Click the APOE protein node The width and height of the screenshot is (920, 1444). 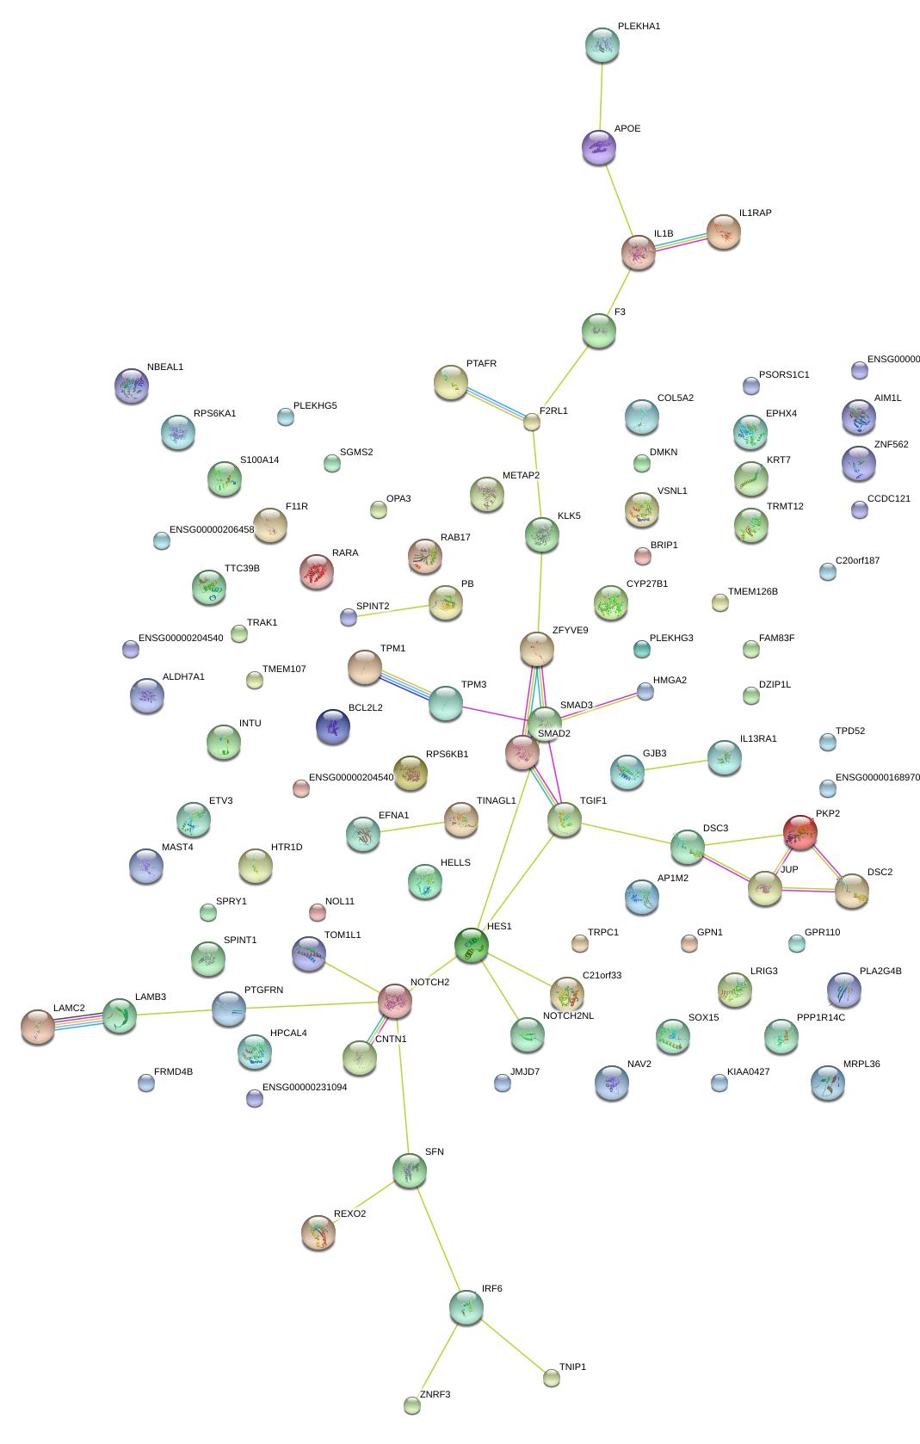(599, 148)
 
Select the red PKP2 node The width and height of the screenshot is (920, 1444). (800, 832)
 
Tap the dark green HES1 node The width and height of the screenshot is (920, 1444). (471, 946)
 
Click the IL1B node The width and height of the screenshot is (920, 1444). (639, 252)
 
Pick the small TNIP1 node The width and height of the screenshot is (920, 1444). (552, 1378)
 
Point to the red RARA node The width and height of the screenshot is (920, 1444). (317, 571)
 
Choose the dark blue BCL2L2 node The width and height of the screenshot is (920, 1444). (333, 726)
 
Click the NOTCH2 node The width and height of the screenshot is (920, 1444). (395, 1001)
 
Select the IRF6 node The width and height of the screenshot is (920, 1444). (466, 1307)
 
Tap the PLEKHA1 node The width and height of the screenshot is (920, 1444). (602, 45)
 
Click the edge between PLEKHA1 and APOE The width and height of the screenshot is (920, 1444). (601, 96)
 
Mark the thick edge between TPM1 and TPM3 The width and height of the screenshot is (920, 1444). (405, 685)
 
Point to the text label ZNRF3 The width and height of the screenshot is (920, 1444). (435, 1394)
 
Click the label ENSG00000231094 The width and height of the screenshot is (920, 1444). (305, 1087)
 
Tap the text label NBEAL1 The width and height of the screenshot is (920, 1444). (165, 367)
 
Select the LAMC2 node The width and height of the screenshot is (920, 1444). (38, 1026)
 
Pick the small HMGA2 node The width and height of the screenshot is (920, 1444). (645, 691)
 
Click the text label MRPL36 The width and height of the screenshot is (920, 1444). (861, 1064)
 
